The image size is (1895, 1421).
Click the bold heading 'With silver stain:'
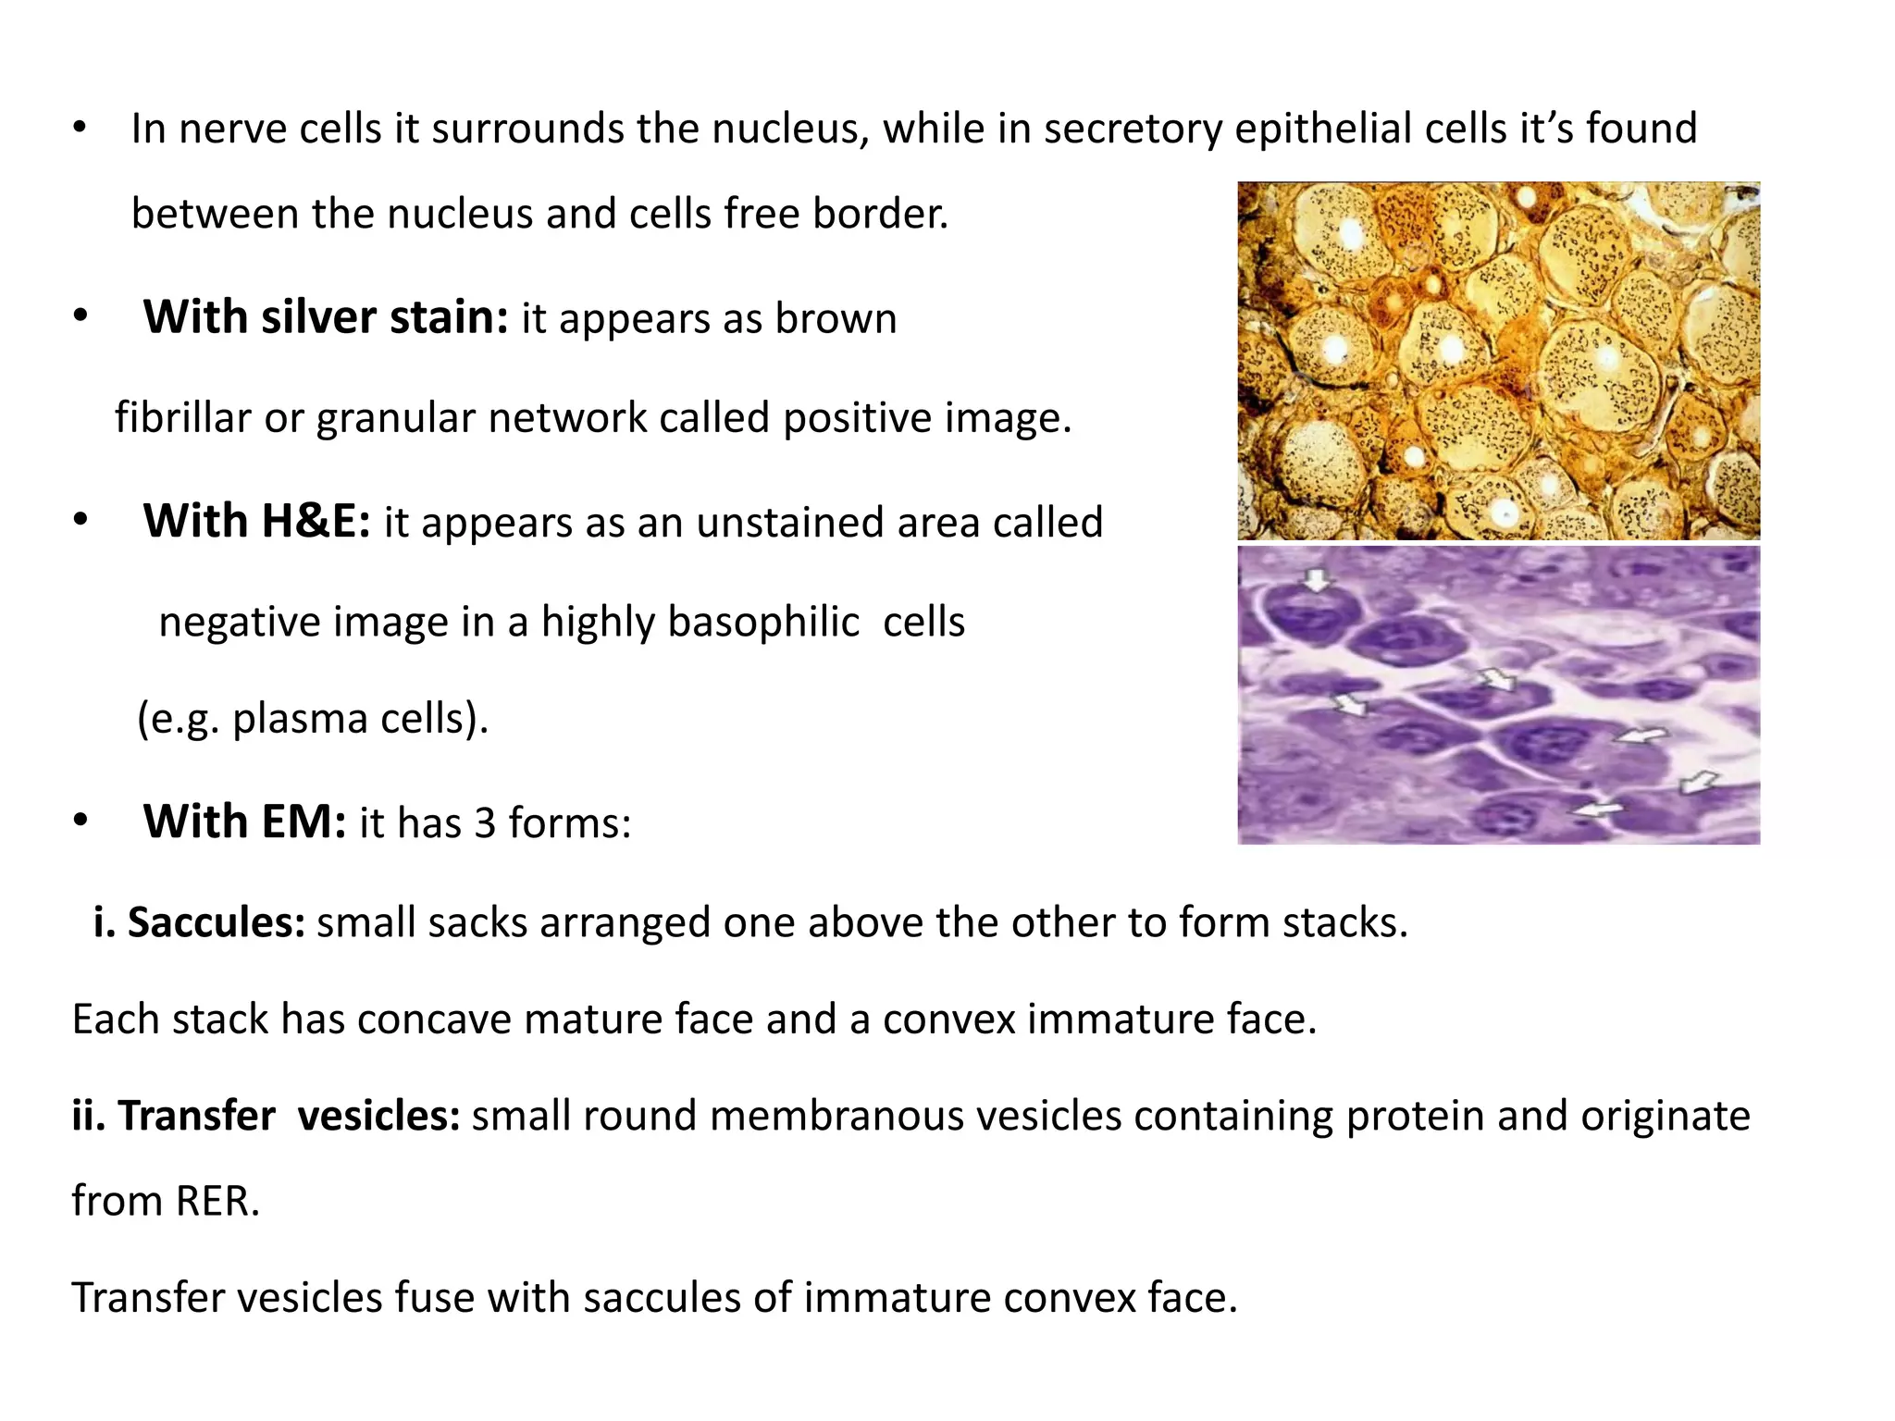[x=326, y=317]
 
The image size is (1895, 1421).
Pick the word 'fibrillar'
[x=183, y=417]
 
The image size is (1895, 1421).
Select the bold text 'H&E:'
[x=316, y=521]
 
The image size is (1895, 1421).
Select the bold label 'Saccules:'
[x=216, y=922]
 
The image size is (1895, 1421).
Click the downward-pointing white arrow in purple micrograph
[x=1315, y=581]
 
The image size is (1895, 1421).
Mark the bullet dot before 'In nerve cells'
[x=81, y=128]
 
